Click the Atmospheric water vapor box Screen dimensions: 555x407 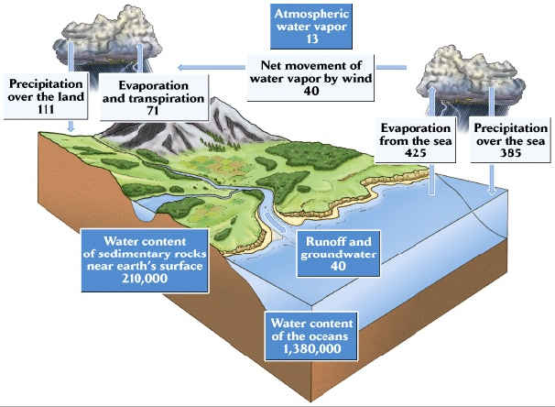point(311,27)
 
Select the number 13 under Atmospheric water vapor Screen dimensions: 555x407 point(312,39)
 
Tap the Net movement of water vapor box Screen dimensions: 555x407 point(310,78)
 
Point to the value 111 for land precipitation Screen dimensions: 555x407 point(46,109)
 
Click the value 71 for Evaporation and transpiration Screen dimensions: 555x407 point(153,111)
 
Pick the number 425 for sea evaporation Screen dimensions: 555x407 point(416,153)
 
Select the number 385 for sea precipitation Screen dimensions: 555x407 point(510,153)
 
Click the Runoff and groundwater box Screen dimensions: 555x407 point(338,254)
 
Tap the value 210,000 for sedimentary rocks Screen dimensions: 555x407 point(145,279)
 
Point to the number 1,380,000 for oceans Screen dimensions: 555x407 point(311,348)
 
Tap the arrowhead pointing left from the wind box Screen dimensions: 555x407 point(180,67)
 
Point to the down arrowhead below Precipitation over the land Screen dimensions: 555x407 point(71,128)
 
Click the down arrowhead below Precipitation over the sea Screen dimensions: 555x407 point(491,191)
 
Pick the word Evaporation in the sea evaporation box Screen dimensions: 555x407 point(416,127)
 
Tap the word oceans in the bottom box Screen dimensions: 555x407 point(327,336)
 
